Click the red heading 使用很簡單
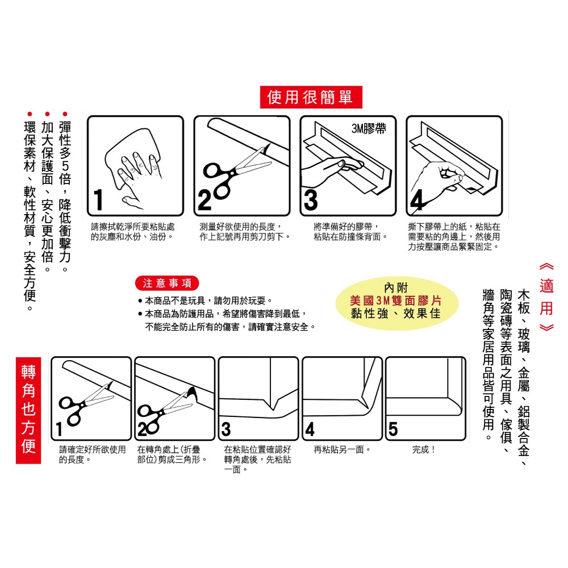point(311,97)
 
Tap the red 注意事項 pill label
point(167,283)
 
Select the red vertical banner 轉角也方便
point(28,410)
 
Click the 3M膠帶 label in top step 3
point(369,128)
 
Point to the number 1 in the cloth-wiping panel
point(98,200)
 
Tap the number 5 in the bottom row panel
point(393,428)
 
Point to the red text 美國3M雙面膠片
point(396,300)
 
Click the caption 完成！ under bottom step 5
point(424,449)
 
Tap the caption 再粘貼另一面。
point(343,449)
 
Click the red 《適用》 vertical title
point(546,297)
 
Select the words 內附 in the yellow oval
point(396,287)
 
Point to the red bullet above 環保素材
point(30,114)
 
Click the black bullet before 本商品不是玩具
point(140,300)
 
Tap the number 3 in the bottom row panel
point(226,429)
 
